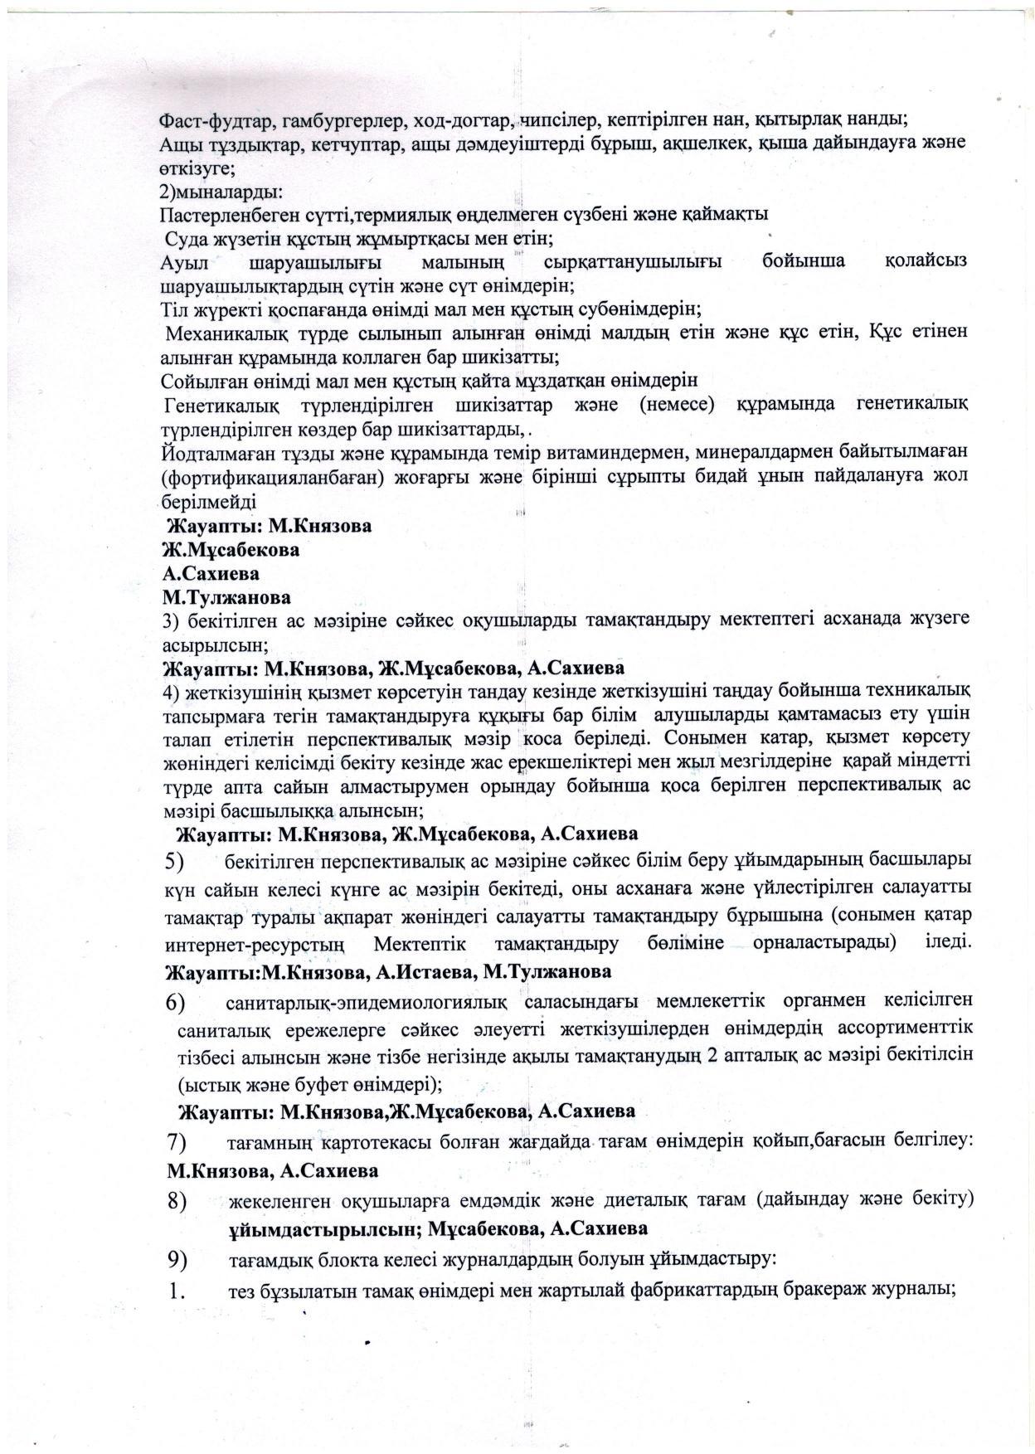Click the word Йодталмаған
click(x=208, y=453)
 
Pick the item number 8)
click(x=175, y=1201)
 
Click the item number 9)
click(x=175, y=1259)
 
